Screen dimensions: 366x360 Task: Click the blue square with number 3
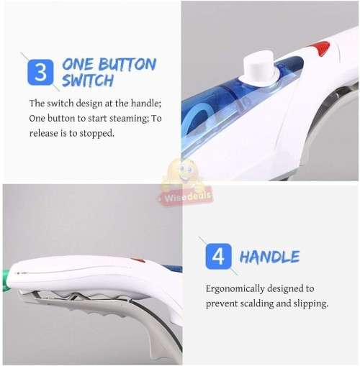(x=41, y=73)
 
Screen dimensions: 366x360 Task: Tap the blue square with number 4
(x=218, y=257)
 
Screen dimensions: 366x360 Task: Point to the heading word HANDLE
(x=269, y=257)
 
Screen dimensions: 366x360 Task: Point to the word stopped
(x=98, y=133)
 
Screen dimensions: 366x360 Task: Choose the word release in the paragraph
(x=48, y=133)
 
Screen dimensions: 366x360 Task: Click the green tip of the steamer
(x=6, y=278)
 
